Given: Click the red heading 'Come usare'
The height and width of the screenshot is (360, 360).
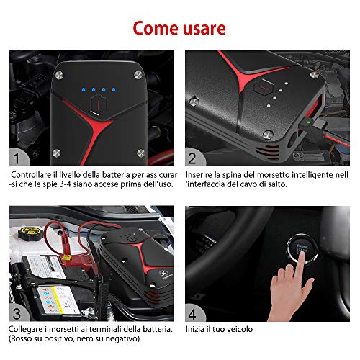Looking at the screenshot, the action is pyautogui.click(x=179, y=28).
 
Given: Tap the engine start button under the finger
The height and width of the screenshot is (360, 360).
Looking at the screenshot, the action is pyautogui.click(x=302, y=249).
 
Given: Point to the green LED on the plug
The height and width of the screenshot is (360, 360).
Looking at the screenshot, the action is pyautogui.click(x=307, y=122).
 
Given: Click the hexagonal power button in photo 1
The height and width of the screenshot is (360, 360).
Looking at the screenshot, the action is pyautogui.click(x=99, y=104).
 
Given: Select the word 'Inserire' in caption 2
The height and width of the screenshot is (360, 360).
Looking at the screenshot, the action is pyautogui.click(x=199, y=175).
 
